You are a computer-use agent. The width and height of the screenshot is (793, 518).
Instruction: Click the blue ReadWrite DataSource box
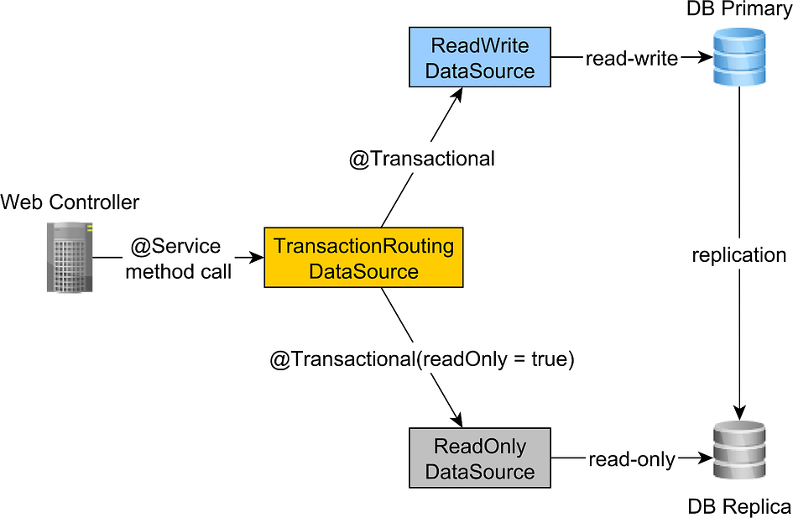click(479, 58)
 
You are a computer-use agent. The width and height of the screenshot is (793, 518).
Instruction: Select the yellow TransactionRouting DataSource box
click(363, 259)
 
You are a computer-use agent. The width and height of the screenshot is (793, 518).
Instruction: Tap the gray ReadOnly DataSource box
click(479, 458)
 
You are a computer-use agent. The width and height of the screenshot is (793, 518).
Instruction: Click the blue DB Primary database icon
click(739, 57)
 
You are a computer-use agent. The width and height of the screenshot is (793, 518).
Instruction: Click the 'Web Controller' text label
click(70, 202)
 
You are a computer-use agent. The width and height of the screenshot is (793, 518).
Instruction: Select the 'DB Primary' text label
click(739, 11)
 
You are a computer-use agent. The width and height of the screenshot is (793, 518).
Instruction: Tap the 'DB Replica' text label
click(739, 506)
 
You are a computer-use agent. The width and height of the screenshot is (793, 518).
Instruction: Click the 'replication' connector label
click(739, 254)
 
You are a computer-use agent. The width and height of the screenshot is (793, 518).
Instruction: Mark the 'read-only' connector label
click(632, 459)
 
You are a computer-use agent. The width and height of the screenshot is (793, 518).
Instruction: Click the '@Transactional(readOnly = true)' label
click(421, 359)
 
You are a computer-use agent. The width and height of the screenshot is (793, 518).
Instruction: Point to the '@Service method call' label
click(175, 259)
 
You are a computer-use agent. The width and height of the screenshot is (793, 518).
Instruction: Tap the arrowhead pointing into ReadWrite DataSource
click(457, 95)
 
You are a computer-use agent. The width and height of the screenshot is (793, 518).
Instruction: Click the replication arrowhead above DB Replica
click(739, 412)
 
